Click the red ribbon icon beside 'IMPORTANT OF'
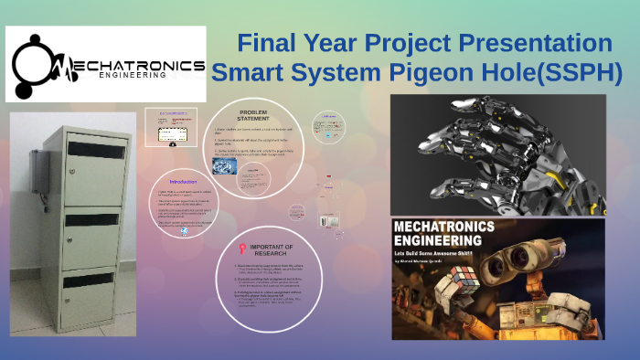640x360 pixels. (x=240, y=248)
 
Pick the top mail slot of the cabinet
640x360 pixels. (x=95, y=149)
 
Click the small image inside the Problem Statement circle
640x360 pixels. (x=225, y=166)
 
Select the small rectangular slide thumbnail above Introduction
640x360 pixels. (x=172, y=129)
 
